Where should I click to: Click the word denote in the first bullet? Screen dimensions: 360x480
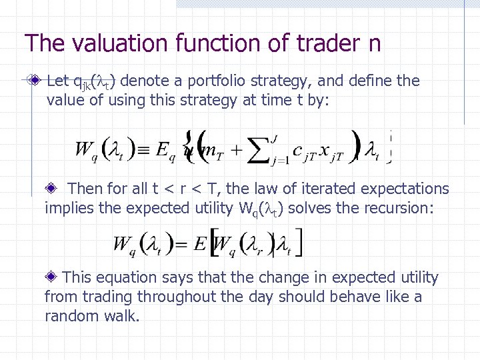[143, 81]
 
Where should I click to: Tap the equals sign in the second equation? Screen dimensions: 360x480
[182, 244]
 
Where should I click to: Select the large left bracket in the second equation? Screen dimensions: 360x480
[213, 243]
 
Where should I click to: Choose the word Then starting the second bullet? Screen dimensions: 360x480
[85, 189]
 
